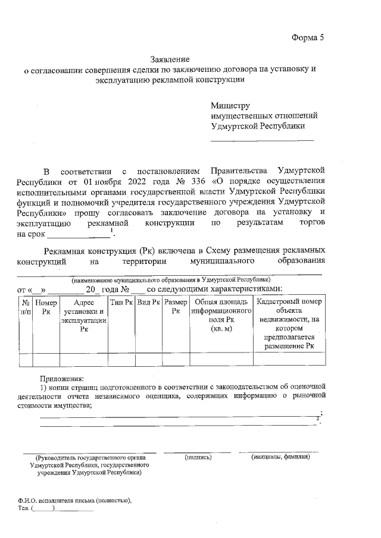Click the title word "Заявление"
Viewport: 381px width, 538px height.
[x=170, y=59]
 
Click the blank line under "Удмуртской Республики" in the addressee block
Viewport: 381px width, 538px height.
[x=262, y=140]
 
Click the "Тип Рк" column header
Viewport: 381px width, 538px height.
[x=121, y=302]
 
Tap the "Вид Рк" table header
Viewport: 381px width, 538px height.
[x=148, y=302]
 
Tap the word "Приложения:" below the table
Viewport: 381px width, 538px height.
[x=62, y=377]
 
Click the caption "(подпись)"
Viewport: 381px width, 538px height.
[x=198, y=457]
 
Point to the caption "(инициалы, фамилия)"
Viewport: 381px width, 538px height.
[x=280, y=457]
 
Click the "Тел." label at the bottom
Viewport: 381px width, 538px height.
[x=24, y=509]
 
